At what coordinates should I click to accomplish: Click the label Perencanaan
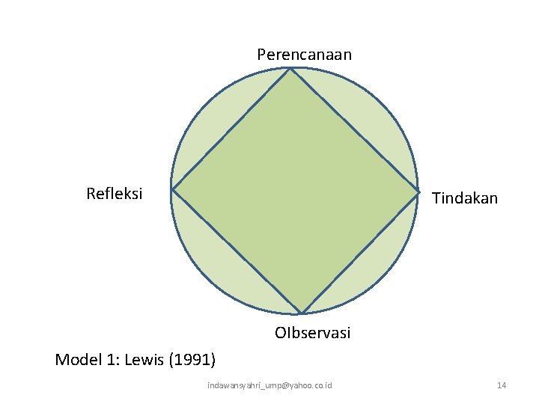tap(304, 55)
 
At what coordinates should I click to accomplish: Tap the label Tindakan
tap(464, 198)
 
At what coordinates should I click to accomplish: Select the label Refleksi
tap(115, 195)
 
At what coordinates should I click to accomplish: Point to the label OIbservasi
tap(312, 333)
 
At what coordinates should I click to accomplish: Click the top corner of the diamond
tap(290, 69)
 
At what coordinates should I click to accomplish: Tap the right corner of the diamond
tap(418, 191)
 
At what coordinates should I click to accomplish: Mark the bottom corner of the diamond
tap(301, 313)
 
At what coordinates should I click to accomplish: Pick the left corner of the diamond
tap(172, 190)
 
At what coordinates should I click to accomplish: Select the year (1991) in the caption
tap(193, 360)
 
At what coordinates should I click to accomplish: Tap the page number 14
tap(502, 385)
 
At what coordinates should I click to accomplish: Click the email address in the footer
tap(269, 385)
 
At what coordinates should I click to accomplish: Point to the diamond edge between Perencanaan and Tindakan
tap(354, 130)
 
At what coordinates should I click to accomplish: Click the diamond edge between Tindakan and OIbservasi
tap(359, 252)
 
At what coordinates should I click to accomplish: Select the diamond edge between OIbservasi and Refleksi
tap(237, 251)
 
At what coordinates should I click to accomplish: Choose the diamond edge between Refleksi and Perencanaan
tap(231, 129)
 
